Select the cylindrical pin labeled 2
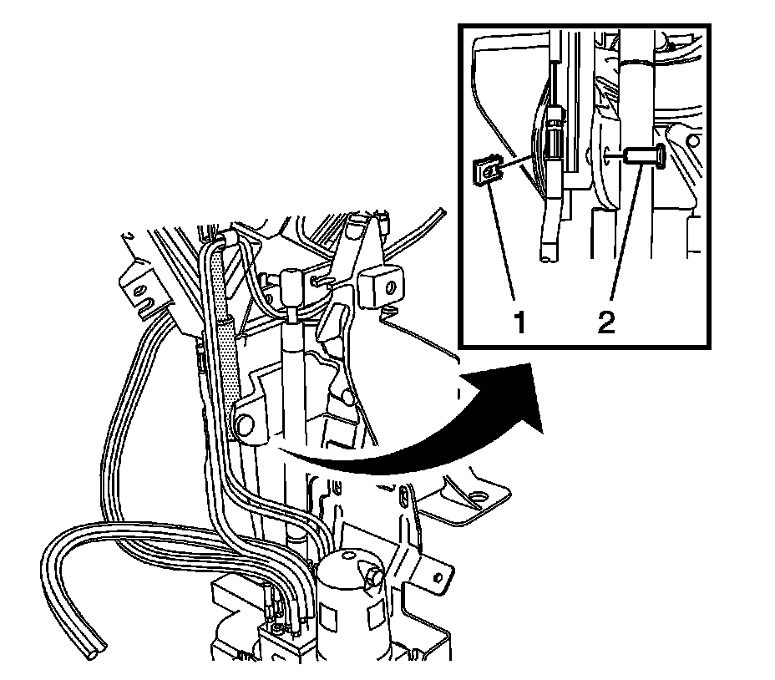click(x=643, y=155)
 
